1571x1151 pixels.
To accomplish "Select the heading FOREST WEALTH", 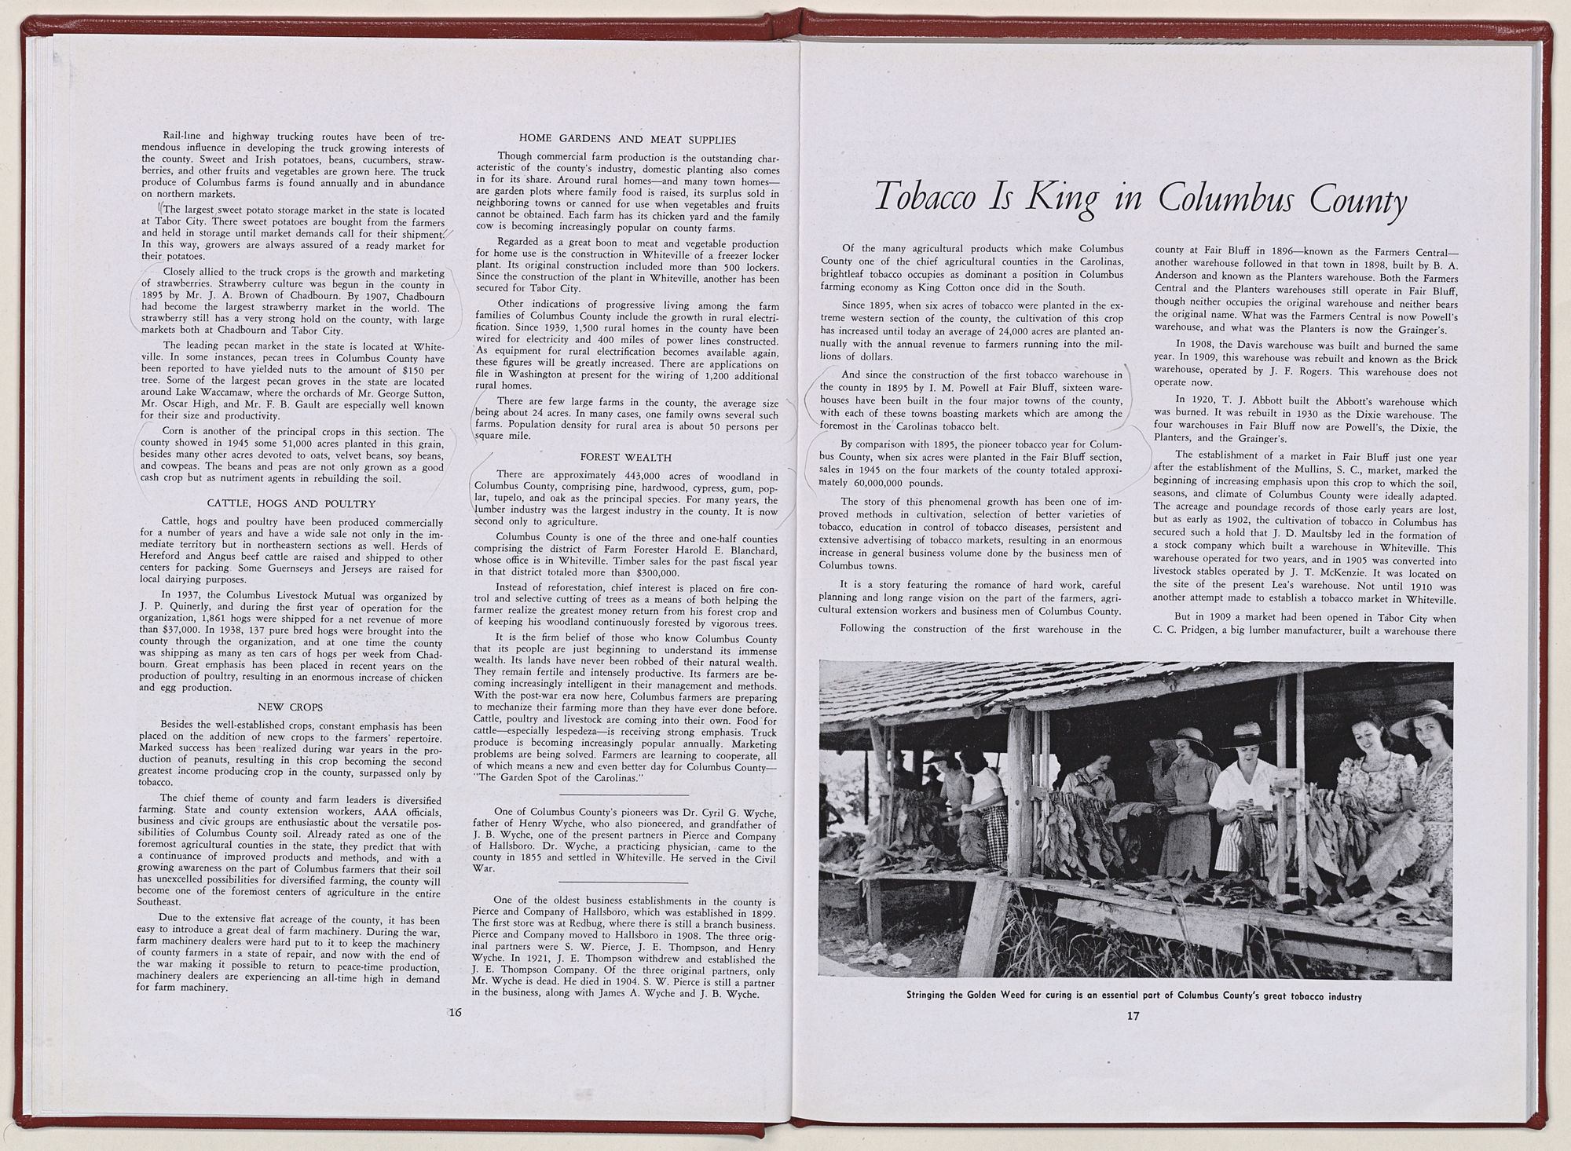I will (626, 457).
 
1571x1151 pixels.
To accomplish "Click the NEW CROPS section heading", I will (290, 707).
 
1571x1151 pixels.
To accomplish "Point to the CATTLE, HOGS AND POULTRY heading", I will (291, 503).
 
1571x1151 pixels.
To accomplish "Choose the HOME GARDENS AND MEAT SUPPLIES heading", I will (627, 140).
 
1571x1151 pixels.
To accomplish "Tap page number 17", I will (1132, 1015).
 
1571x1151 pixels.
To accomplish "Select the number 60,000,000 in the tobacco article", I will (877, 483).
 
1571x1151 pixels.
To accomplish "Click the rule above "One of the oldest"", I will (626, 882).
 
